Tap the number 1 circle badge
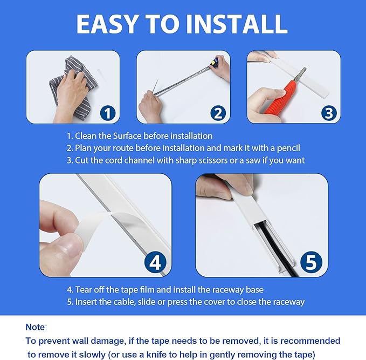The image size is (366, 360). tap(108, 113)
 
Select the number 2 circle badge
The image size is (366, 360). tap(218, 113)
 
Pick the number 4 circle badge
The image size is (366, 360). tap(155, 262)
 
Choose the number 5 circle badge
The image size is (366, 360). tap(311, 262)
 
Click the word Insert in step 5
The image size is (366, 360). tap(86, 302)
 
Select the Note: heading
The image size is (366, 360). tap(36, 327)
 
